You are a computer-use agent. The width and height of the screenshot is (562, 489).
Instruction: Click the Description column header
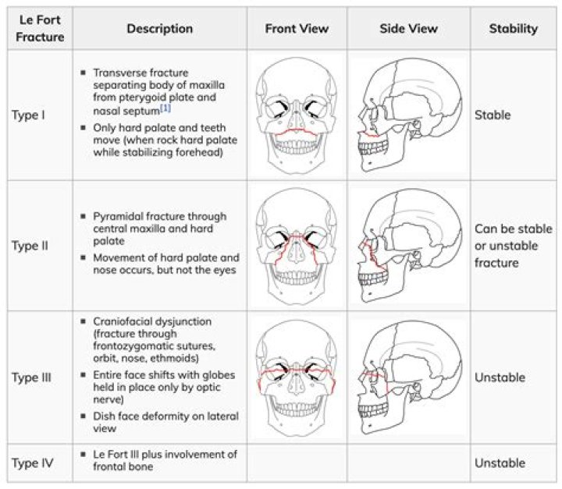(159, 29)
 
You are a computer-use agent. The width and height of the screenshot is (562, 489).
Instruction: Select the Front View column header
(297, 29)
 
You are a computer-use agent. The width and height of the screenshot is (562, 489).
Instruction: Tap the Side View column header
(408, 29)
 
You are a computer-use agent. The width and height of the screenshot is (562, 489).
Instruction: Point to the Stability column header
(513, 29)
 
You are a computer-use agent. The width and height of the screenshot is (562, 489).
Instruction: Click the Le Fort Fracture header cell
(37, 29)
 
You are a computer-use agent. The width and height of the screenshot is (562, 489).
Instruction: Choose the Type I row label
(28, 115)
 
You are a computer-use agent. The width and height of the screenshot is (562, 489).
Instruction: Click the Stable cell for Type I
(493, 115)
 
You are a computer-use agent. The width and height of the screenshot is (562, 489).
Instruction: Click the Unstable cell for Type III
(500, 377)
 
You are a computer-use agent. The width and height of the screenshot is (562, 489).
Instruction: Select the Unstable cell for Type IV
(500, 462)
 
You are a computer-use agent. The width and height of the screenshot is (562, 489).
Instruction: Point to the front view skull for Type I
(297, 115)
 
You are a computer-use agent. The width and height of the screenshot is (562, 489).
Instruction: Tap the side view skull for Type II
(408, 246)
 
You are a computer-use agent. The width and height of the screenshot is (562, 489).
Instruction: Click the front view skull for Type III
(297, 377)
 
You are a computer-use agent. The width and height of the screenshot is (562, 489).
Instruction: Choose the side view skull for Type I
(408, 115)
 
